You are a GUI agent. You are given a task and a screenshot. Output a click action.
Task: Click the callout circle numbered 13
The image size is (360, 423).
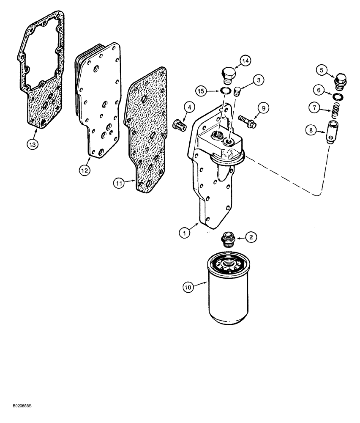33,144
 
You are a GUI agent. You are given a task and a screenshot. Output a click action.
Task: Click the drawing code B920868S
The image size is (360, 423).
19,418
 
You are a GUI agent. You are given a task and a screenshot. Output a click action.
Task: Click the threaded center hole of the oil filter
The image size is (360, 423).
229,264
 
